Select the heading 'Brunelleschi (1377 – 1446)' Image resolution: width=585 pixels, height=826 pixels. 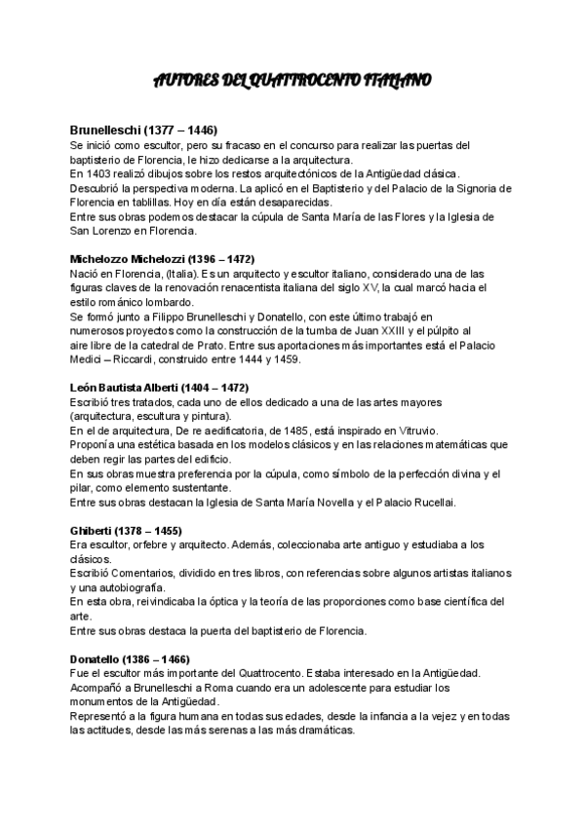pos(143,131)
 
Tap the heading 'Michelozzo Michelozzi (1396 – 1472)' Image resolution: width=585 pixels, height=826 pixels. pos(163,260)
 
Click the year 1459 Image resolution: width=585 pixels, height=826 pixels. pos(288,359)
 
